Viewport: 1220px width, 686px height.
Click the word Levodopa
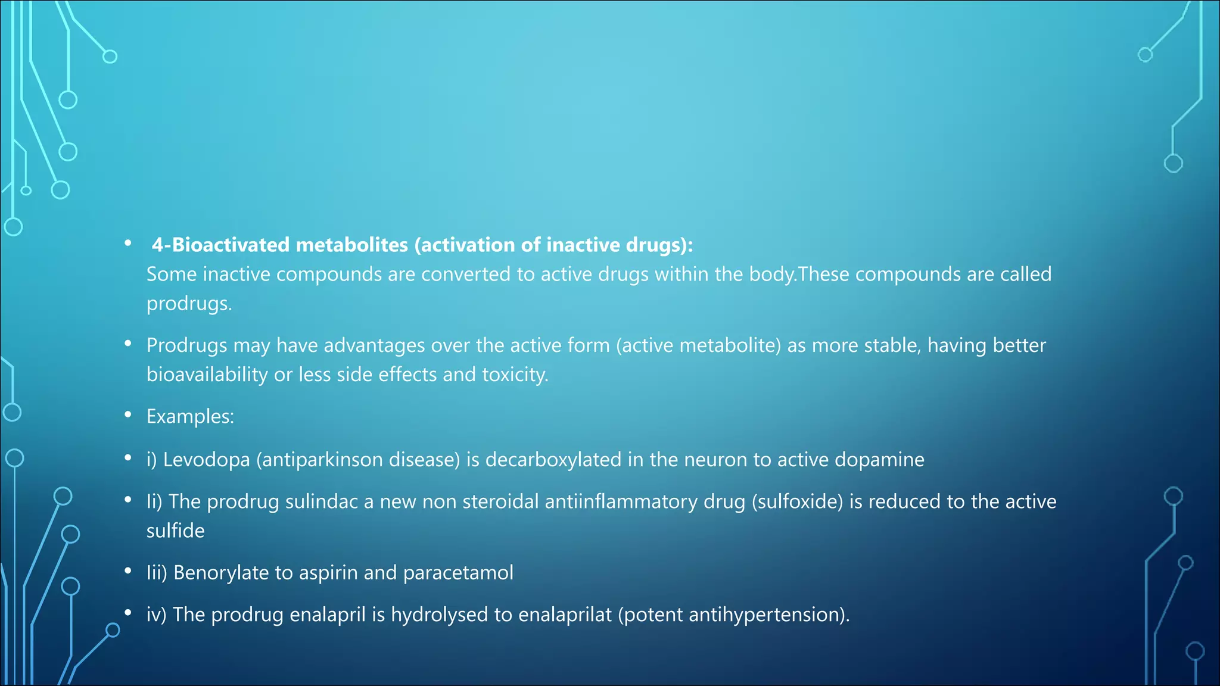(206, 460)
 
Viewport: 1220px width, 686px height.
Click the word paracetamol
(458, 573)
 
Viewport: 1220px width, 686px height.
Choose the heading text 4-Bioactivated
(220, 245)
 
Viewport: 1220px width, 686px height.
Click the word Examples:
(190, 416)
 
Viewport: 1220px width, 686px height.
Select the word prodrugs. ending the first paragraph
(189, 304)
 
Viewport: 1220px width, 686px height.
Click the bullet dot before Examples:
(128, 414)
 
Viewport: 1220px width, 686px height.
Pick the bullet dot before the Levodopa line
(128, 458)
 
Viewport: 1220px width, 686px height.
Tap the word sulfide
(175, 531)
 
